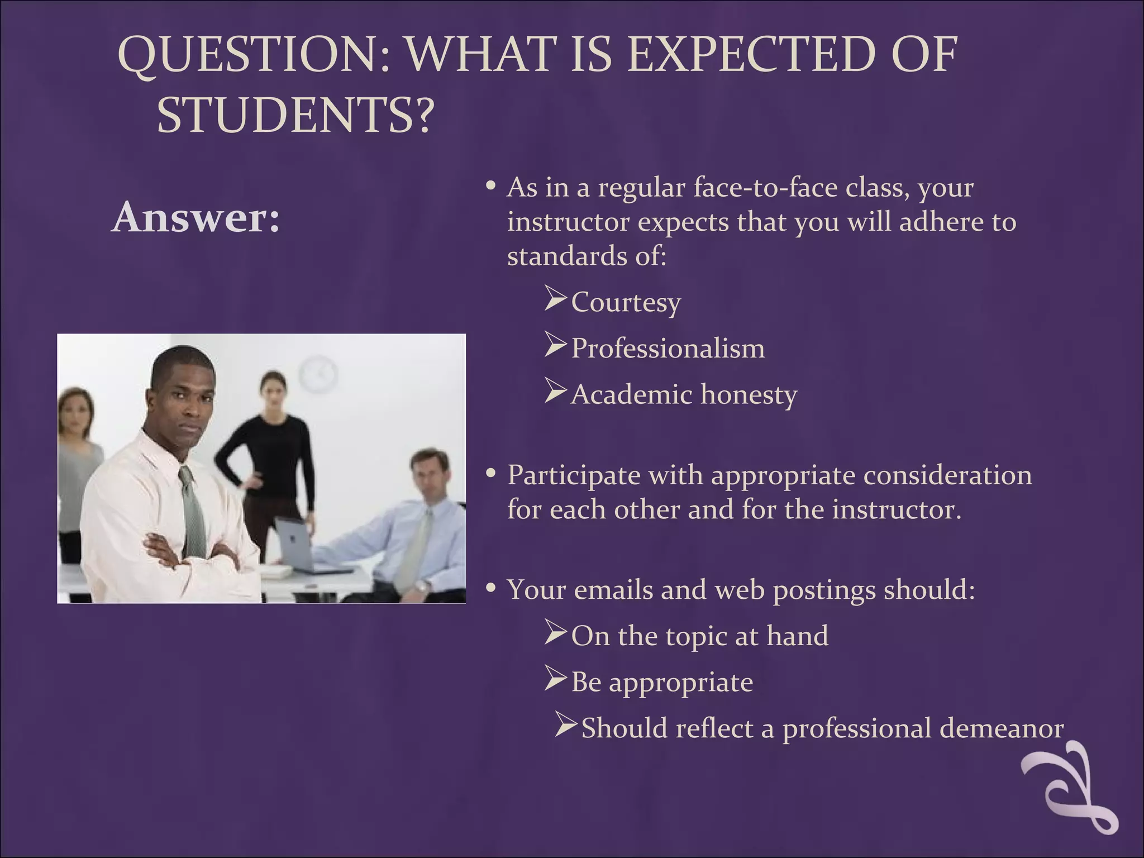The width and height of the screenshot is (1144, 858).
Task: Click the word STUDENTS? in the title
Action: tap(295, 115)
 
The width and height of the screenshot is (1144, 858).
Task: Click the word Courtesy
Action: tap(626, 302)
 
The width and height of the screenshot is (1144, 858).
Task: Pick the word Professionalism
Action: tap(668, 349)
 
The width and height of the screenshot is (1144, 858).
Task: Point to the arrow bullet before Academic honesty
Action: tap(556, 392)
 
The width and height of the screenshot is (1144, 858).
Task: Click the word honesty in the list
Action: tap(749, 395)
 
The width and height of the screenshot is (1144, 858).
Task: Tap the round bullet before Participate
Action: tap(491, 474)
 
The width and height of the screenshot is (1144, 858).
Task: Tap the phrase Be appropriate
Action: tap(662, 682)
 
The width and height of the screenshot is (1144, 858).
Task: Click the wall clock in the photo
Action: tap(318, 373)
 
